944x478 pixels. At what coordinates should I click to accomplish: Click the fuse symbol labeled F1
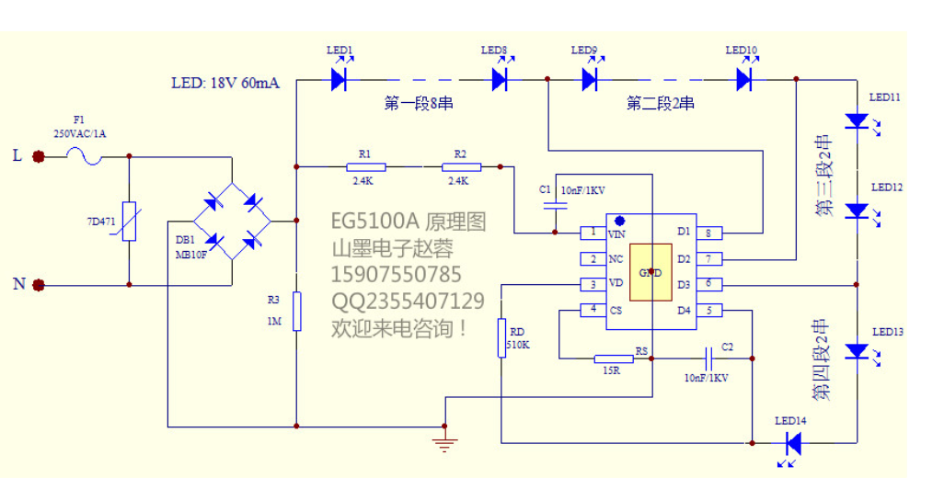coord(85,157)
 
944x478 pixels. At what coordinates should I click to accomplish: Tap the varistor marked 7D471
coord(129,222)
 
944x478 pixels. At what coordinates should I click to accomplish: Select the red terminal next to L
coord(39,157)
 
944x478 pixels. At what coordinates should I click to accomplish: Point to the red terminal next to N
coord(39,285)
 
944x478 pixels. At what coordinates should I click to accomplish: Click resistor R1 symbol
coord(366,167)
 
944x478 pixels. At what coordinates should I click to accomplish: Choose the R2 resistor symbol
coord(461,167)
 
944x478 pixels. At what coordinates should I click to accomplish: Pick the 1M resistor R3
coord(297,312)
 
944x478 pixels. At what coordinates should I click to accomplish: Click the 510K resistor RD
coord(501,338)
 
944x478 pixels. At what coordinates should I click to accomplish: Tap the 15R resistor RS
coord(614,358)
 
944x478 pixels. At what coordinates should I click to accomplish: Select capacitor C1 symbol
coord(555,206)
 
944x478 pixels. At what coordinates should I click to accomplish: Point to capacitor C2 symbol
coord(710,358)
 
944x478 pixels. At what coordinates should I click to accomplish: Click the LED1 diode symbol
coord(340,77)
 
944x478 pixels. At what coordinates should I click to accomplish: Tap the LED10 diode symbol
coord(744,77)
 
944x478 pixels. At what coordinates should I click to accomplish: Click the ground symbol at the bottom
coord(444,445)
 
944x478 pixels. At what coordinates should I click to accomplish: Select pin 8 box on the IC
coord(709,233)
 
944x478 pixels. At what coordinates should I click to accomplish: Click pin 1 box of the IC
coord(593,233)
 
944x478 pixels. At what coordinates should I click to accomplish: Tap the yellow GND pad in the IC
coord(650,272)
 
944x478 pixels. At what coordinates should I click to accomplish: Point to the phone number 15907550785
coord(397,274)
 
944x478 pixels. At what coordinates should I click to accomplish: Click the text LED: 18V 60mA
coord(225,83)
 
